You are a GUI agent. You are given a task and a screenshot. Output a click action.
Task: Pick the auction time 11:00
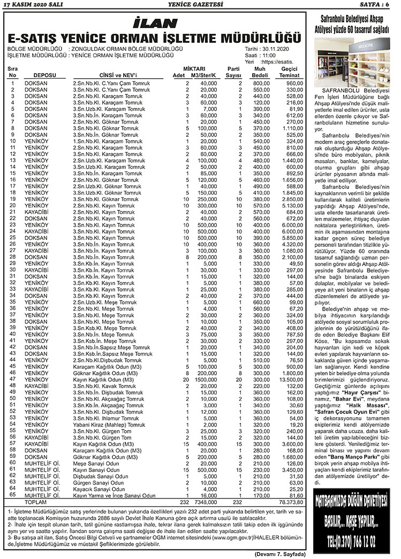[269, 55]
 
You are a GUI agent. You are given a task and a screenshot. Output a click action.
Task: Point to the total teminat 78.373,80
[291, 502]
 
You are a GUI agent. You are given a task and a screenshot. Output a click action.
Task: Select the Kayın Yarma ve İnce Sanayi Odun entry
[114, 496]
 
